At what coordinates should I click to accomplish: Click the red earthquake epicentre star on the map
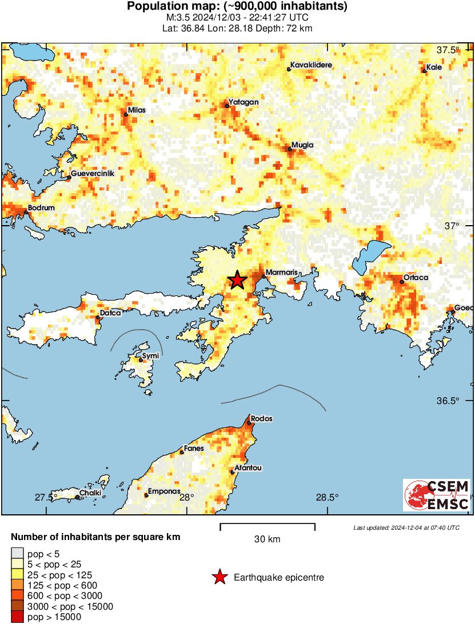point(237,280)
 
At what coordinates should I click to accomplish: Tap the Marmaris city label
point(280,272)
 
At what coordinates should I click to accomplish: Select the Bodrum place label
point(42,208)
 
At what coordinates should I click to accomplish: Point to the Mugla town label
point(302,145)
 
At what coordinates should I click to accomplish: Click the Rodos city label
point(261,418)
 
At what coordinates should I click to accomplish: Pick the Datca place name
point(110,313)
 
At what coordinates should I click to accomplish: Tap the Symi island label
point(150,356)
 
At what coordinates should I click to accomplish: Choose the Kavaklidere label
point(310,66)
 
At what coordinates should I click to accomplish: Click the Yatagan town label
point(244,102)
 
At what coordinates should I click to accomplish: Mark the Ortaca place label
point(416,278)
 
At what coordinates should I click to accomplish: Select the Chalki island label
point(90,493)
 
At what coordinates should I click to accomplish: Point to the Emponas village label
point(164,491)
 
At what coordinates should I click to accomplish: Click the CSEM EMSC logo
point(437,495)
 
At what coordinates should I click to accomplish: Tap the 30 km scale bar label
point(267,539)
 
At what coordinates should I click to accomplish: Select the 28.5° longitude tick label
point(328,497)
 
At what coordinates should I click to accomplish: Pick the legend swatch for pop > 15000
point(18,617)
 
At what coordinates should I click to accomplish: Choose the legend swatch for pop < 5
point(18,554)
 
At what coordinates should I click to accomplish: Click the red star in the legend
point(219,578)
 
